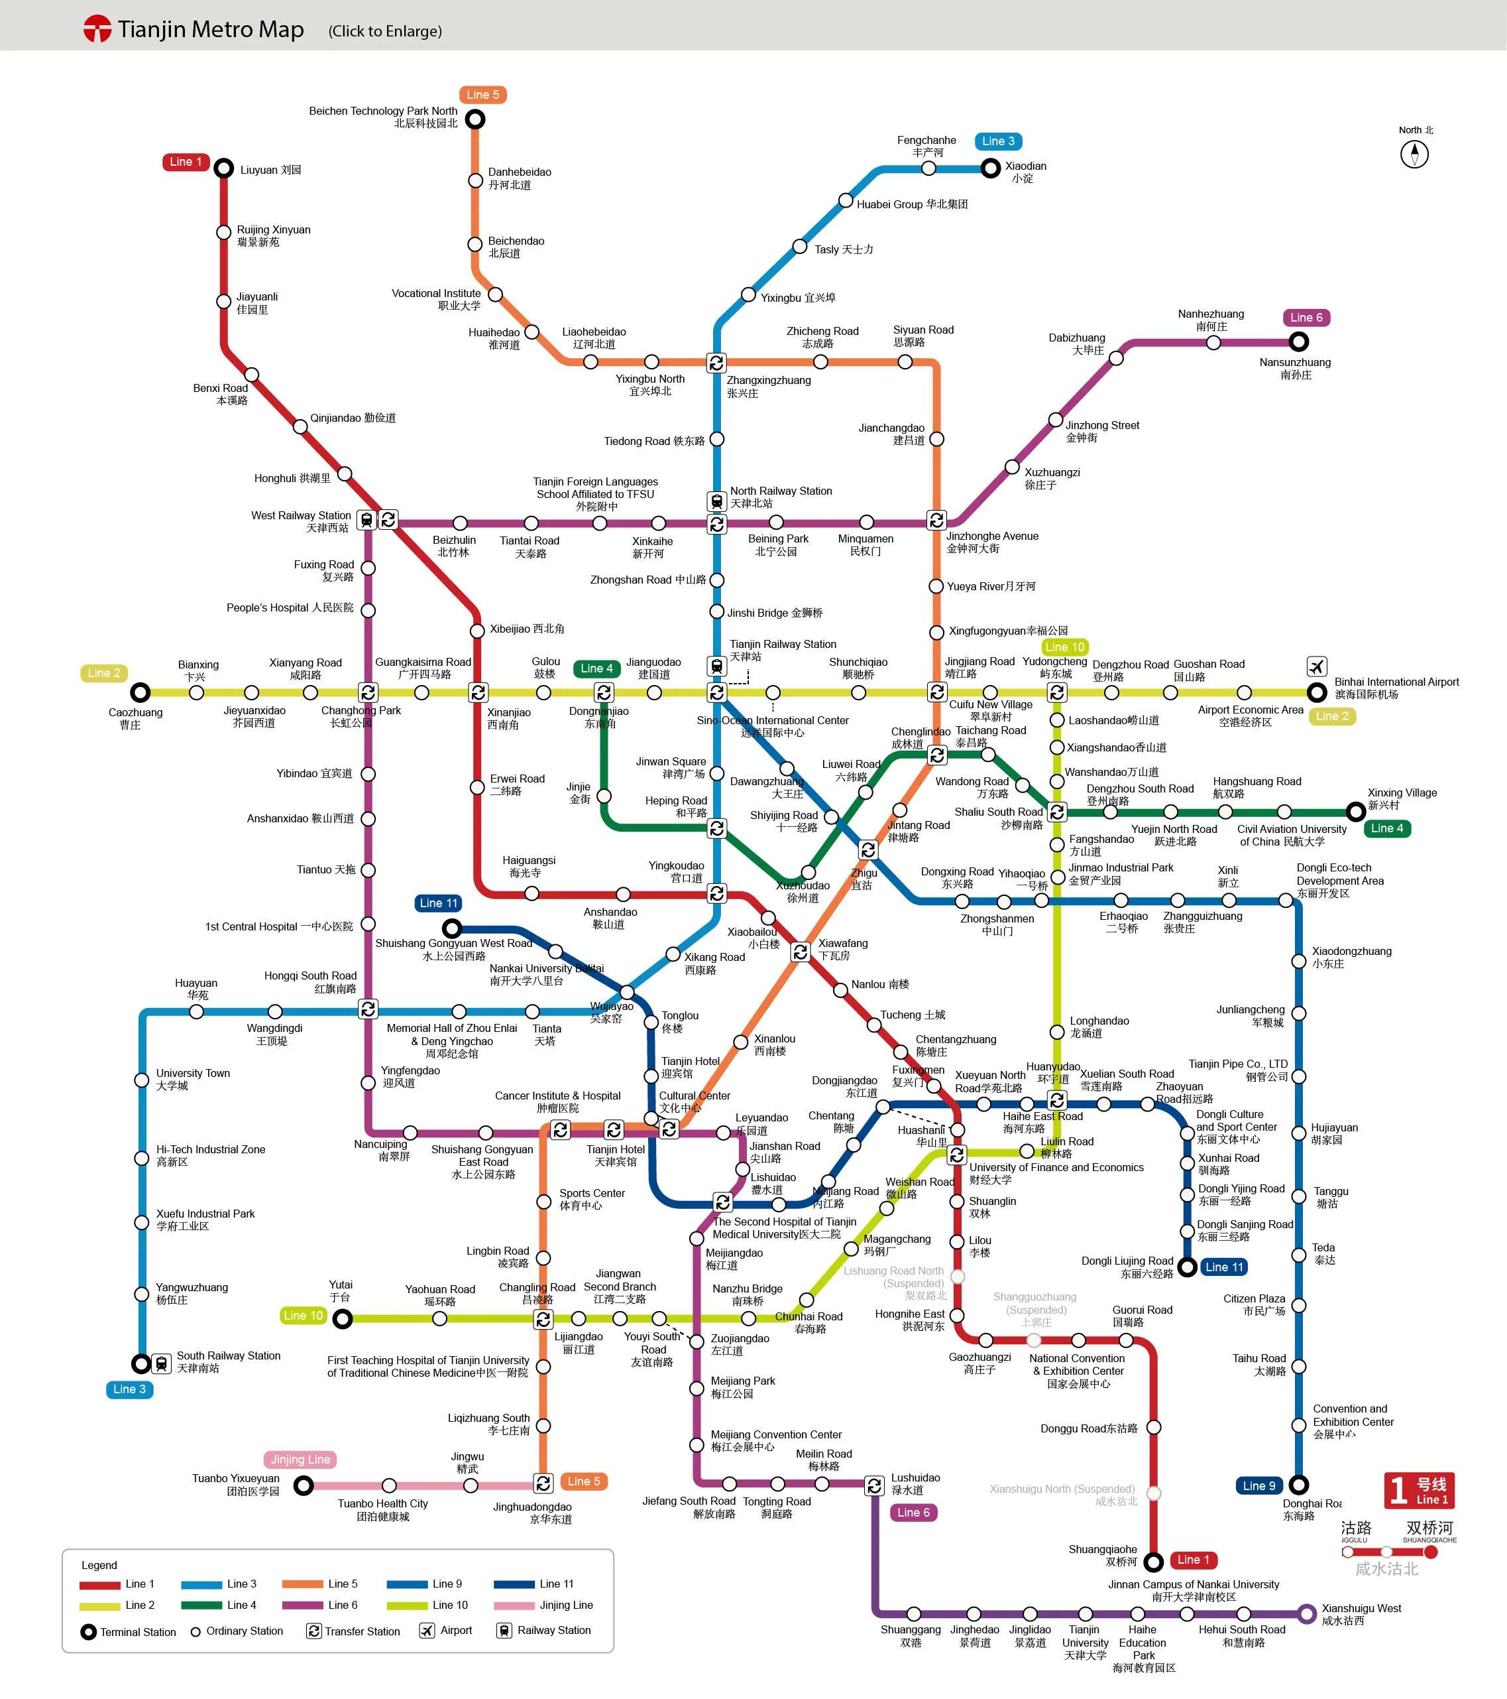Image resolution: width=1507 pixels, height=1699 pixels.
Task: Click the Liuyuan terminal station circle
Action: coord(223,168)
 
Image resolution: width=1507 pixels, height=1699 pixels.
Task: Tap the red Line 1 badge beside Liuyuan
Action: coord(186,161)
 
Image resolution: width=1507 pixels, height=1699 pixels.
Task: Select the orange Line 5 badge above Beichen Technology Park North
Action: coord(482,95)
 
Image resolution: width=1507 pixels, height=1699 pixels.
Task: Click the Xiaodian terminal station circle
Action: coord(990,168)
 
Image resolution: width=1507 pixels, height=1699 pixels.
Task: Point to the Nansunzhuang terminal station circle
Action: coord(1298,342)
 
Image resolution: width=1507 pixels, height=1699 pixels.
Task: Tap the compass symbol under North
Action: coord(1414,154)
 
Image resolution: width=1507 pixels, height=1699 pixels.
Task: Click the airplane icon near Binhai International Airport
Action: coord(1316,666)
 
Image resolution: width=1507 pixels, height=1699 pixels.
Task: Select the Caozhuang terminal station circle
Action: coord(140,692)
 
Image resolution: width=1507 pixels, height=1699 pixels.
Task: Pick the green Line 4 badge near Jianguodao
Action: coord(596,668)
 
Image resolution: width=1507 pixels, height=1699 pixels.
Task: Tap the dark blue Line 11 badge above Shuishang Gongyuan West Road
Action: coord(438,903)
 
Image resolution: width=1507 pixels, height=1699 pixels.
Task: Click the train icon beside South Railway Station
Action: coord(162,1363)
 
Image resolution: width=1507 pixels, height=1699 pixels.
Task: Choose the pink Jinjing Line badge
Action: coord(300,1459)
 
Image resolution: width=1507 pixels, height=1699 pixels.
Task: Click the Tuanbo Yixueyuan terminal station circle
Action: coord(304,1485)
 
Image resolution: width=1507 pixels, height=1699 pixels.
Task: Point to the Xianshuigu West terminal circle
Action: coord(1307,1613)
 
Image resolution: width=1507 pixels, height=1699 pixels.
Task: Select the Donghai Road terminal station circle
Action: coord(1298,1485)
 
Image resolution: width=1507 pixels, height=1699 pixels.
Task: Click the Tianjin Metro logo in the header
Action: coord(97,29)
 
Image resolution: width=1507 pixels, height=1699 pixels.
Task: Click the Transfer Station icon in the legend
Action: coord(313,1631)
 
